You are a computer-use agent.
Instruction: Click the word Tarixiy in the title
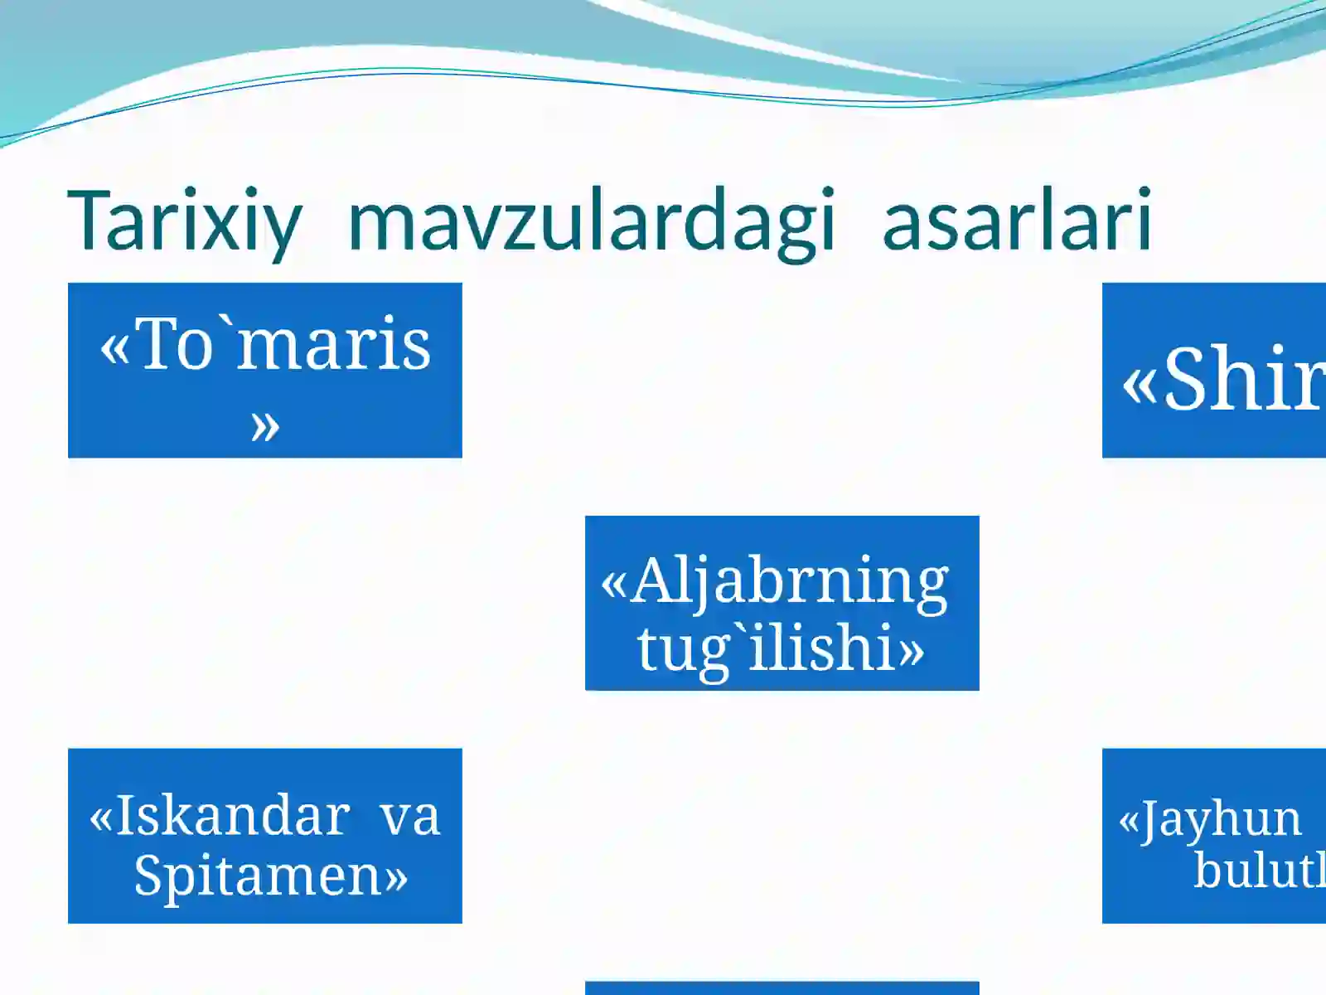184,221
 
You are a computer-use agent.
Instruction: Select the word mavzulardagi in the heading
591,221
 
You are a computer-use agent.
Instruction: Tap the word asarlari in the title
1017,221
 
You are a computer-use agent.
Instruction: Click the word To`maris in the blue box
284,344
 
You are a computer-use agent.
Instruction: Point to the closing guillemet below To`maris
264,427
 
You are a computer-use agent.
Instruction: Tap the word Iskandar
232,815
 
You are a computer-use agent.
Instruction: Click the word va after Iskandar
409,815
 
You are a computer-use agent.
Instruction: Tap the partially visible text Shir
1243,380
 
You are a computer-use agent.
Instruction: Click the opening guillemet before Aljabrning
613,584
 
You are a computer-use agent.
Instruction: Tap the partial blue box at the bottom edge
782,988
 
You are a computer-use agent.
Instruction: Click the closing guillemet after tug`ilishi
910,652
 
